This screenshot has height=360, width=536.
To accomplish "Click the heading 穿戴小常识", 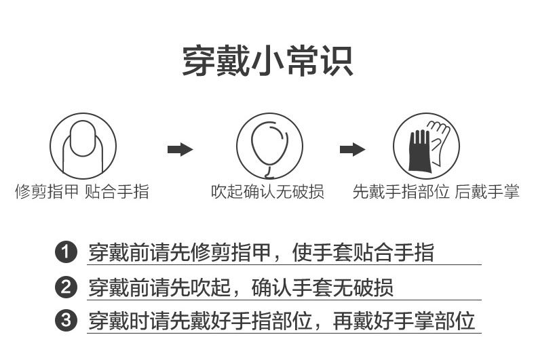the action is pos(267,61).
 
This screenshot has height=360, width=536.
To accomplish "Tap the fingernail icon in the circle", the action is pos(83,146).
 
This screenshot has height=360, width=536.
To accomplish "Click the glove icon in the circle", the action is pos(426,146).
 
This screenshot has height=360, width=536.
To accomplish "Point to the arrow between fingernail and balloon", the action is pos(180,149).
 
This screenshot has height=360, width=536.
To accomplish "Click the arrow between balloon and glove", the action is pos(352,149).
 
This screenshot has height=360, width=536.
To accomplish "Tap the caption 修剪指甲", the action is pos(47,193).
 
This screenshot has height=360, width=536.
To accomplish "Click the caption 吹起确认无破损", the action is pos(267,193).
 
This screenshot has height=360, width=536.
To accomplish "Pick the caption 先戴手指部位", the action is pos(401,193).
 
